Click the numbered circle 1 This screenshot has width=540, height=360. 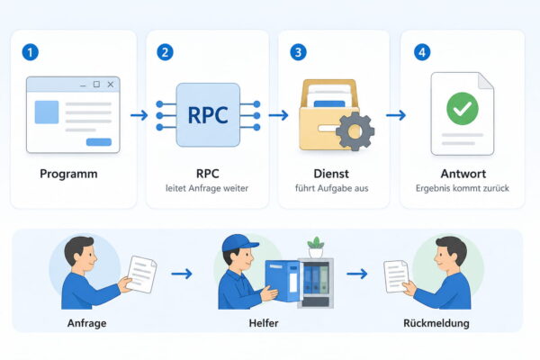[31, 52]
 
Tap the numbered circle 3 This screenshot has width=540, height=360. [298, 52]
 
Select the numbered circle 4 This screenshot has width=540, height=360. [422, 52]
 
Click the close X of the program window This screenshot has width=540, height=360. [111, 85]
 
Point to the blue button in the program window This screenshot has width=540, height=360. [99, 142]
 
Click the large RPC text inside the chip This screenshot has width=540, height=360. [208, 115]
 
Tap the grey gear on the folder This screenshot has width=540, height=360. [355, 131]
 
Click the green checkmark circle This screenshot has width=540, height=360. [463, 109]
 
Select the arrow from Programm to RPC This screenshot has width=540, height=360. [139, 115]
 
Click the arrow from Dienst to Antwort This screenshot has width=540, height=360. [396, 115]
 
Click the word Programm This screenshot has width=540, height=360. [68, 174]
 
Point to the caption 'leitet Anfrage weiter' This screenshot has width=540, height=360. [207, 188]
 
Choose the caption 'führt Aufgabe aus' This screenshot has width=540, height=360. [331, 188]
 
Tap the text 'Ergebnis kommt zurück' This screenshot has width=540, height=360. [463, 188]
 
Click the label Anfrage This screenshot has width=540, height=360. [86, 323]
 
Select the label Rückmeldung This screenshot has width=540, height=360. [436, 323]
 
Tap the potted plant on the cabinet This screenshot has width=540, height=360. [316, 247]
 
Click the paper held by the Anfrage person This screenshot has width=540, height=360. [141, 274]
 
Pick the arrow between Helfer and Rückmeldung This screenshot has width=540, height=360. [357, 274]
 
